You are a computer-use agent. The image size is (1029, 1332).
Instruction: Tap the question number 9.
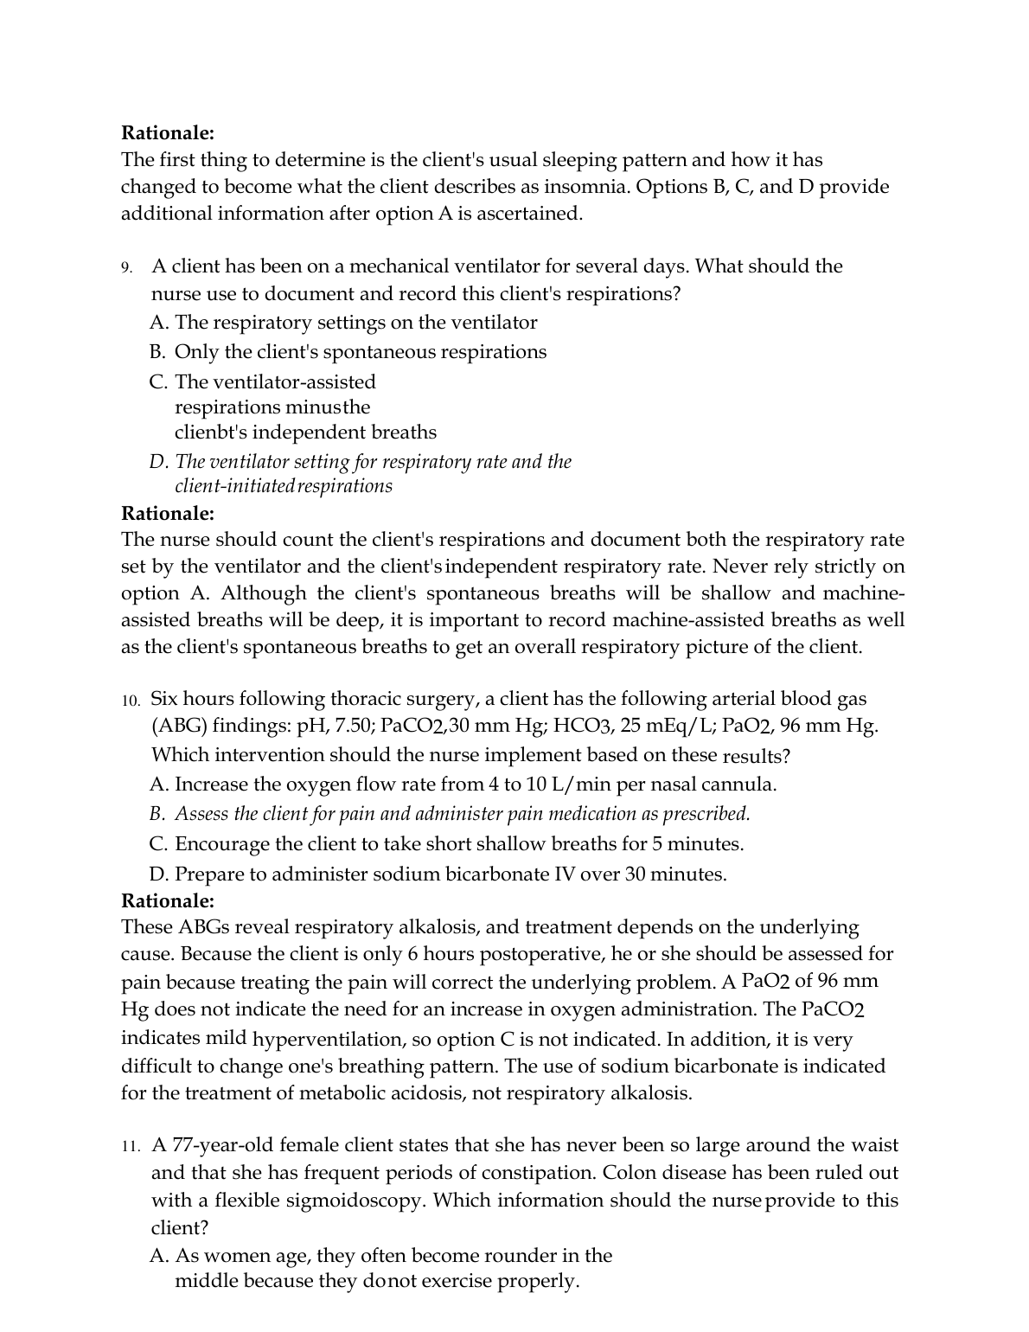click(x=126, y=267)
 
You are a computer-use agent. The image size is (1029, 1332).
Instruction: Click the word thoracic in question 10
click(x=369, y=699)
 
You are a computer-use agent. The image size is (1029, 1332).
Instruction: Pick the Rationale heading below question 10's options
click(x=168, y=900)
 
